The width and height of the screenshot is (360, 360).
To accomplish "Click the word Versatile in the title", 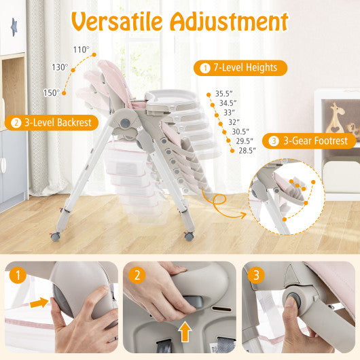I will (117, 22).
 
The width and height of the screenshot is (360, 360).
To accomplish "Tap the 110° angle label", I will (81, 50).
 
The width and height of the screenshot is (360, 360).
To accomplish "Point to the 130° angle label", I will (60, 67).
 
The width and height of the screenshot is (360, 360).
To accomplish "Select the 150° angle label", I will (52, 92).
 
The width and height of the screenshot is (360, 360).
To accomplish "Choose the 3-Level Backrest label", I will (54, 123).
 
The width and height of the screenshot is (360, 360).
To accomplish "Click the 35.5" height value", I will (223, 94).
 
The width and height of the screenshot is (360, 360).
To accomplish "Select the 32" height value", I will (235, 122).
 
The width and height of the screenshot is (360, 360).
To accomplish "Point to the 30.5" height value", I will (240, 132).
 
